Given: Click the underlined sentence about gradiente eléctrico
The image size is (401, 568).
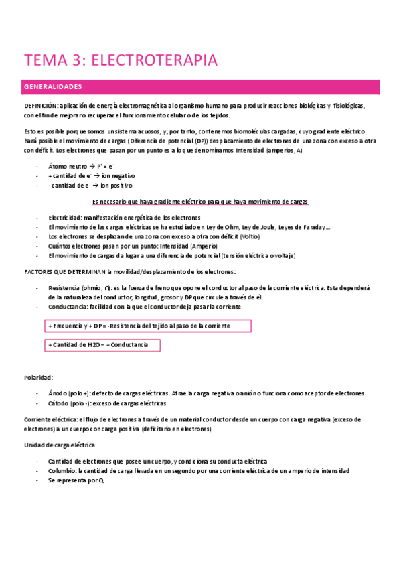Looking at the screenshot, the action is (x=200, y=202).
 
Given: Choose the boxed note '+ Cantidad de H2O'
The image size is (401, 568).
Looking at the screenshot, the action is (x=103, y=345).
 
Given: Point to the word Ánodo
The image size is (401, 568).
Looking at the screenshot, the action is (x=58, y=393).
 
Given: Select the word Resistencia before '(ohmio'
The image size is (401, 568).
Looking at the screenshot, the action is (x=64, y=287).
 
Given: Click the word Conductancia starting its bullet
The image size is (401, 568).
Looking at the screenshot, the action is (x=67, y=306).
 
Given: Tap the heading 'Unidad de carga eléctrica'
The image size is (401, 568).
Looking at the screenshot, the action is (x=60, y=445).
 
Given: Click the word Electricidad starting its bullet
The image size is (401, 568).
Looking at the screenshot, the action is (x=65, y=218).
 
